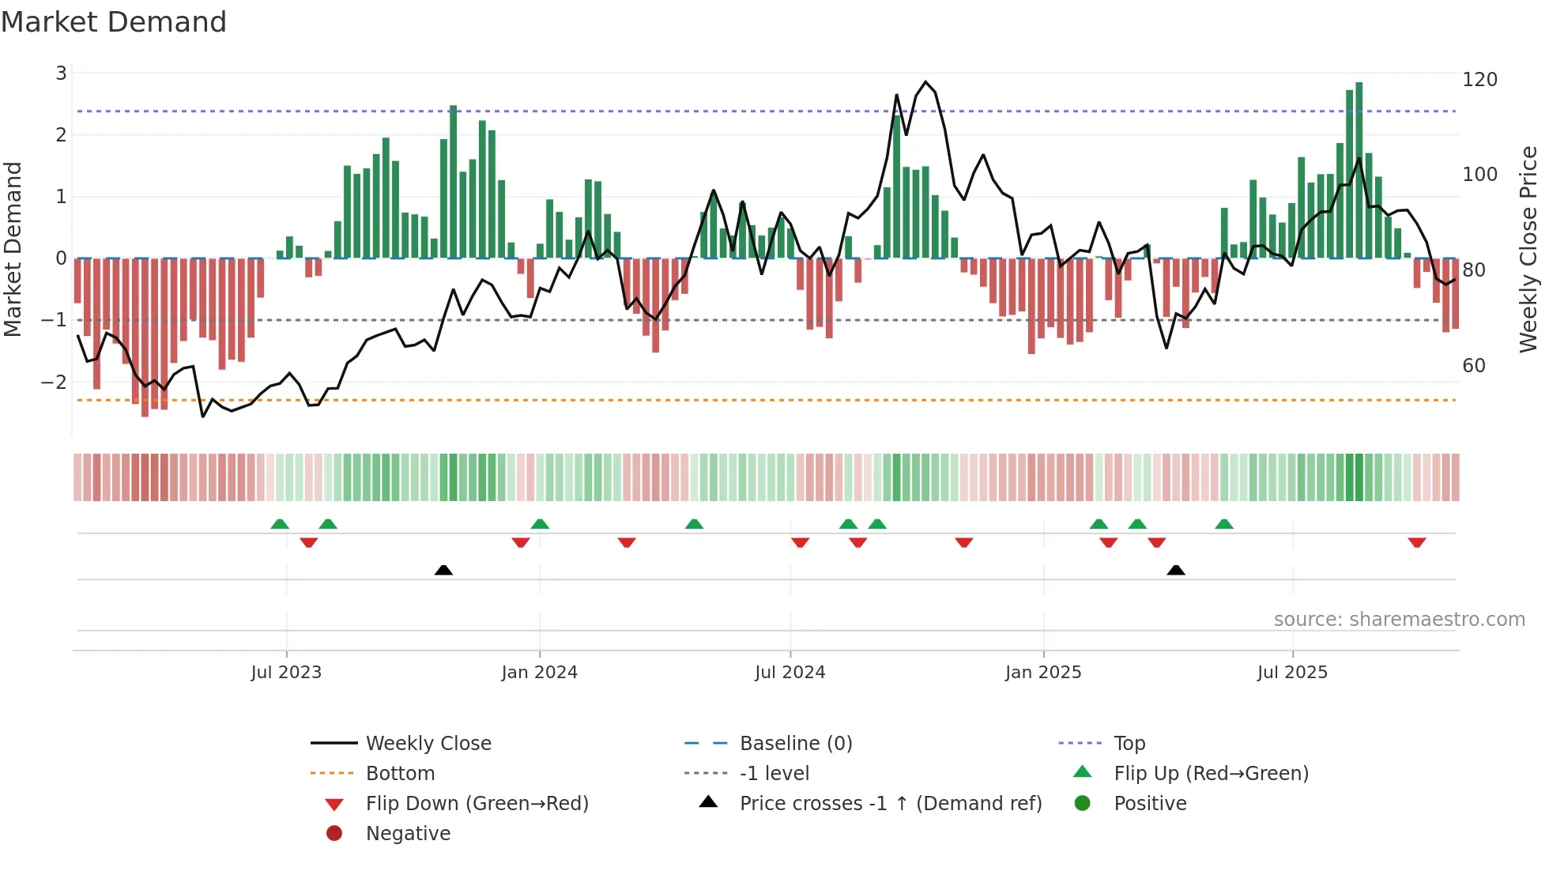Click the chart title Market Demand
click(x=114, y=22)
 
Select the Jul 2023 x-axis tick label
click(x=286, y=673)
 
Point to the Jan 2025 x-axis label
click(x=1043, y=673)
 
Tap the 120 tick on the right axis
click(x=1479, y=80)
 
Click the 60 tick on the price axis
click(x=1474, y=366)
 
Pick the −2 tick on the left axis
click(x=55, y=383)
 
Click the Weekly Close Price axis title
click(x=1528, y=249)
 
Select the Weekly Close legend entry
click(x=428, y=744)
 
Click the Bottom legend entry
click(x=400, y=774)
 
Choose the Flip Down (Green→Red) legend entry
click(x=477, y=804)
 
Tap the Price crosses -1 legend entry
click(x=890, y=804)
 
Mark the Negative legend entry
click(x=408, y=834)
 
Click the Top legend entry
click(x=1129, y=744)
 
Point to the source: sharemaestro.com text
click(x=1399, y=620)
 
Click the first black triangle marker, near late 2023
click(x=443, y=570)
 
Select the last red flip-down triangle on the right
click(x=1416, y=542)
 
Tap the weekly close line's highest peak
click(x=925, y=81)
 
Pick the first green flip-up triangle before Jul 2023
click(x=280, y=524)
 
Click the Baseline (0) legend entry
click(x=795, y=744)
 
